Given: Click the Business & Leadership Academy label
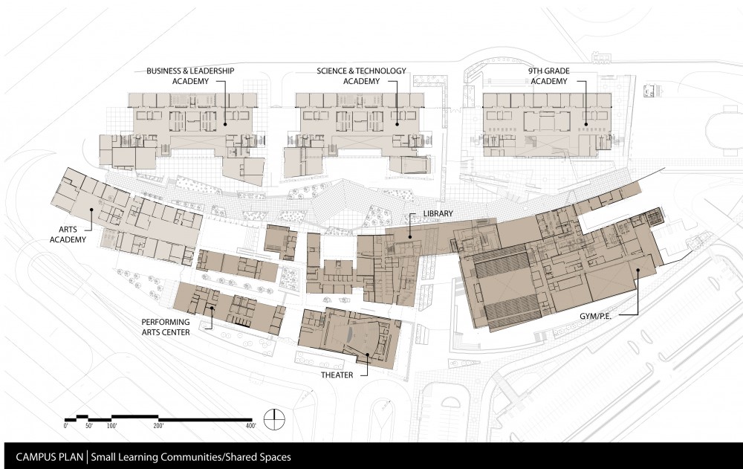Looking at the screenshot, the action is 190,76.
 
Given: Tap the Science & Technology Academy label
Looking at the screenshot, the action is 362,76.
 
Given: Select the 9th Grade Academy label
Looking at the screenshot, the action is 549,76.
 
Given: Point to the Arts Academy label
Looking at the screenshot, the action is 68,234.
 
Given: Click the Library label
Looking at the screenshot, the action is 438,214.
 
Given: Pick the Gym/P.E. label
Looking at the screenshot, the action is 596,316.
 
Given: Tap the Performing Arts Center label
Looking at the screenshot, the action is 166,327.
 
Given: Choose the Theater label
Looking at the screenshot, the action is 337,375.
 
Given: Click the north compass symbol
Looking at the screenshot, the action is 275,419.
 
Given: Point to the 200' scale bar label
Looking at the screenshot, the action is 158,426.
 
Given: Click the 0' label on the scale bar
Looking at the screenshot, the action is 66,426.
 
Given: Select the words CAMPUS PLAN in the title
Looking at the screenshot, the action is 49,457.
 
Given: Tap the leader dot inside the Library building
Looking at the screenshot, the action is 409,236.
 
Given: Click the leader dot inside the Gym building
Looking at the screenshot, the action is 638,271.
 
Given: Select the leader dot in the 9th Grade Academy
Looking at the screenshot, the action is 585,125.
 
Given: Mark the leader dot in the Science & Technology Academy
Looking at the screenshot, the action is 397,125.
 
